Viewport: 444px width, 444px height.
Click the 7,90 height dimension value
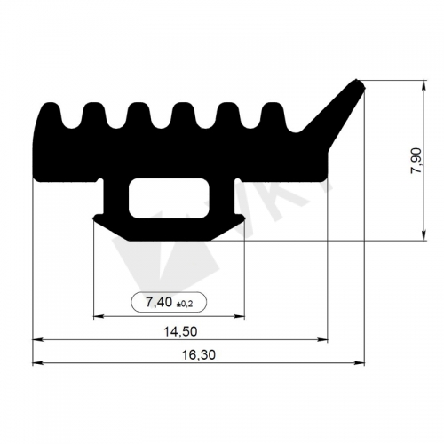[416, 161]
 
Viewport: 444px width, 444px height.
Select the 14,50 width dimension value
[180, 331]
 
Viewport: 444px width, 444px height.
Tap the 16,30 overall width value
[198, 354]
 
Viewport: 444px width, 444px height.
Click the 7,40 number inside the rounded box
[159, 302]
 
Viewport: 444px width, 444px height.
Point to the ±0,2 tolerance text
[185, 304]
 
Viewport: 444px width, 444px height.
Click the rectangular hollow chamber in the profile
[169, 198]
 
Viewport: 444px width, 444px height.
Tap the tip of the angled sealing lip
[359, 83]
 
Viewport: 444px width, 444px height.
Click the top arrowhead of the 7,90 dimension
[424, 85]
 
